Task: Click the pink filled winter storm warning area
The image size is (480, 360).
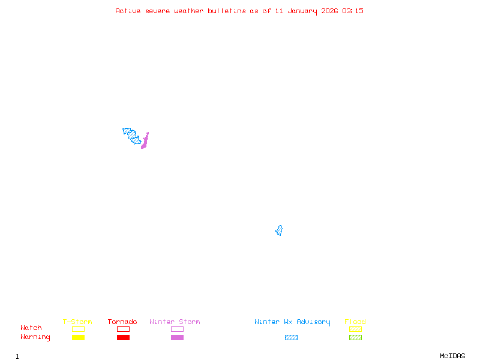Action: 144,142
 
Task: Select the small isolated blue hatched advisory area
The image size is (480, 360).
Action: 279,230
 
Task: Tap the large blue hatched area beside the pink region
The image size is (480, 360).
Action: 132,135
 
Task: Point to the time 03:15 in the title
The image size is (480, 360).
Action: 353,11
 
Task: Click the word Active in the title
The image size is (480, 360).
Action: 128,11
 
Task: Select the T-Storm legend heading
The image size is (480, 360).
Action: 77,322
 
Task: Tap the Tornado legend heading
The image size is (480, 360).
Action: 122,322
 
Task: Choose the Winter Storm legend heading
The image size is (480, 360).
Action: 175,322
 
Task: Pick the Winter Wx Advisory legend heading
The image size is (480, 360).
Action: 292,322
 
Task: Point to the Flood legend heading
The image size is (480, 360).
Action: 355,322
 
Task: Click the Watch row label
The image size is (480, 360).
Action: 31,328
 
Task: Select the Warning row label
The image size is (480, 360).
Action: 35,337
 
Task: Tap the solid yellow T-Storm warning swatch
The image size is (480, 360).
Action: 78,337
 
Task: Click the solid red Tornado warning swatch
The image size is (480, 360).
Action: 123,337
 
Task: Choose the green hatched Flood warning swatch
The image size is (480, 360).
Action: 355,337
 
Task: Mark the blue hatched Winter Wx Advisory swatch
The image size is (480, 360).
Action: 291,337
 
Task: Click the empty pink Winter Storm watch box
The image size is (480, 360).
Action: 177,329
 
